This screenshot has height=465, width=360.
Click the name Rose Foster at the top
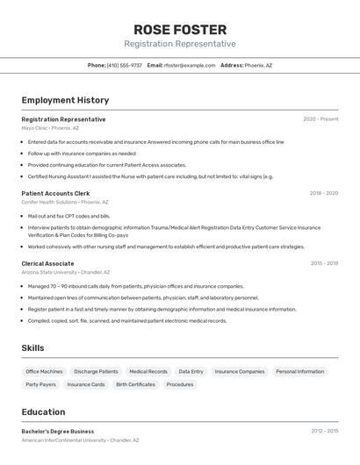180,29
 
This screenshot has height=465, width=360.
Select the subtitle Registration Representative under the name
180,44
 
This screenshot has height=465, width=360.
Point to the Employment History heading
65,100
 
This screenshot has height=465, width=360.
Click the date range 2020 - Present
320,119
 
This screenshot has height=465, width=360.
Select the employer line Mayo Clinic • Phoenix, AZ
50,128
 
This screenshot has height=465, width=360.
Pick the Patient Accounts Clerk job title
55,193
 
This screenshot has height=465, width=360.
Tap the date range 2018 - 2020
324,193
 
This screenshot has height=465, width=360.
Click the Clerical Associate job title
47,263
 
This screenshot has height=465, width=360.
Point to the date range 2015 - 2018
324,263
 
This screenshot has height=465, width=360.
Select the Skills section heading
32,348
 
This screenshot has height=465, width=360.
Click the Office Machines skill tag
44,371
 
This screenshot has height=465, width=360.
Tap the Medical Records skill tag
148,371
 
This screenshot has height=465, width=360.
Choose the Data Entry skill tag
191,371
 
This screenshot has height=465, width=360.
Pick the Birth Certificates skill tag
135,384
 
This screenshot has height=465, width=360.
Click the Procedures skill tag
180,384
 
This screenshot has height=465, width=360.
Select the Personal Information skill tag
299,371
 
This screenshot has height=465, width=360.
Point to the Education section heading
43,411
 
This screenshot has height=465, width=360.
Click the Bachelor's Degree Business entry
58,432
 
